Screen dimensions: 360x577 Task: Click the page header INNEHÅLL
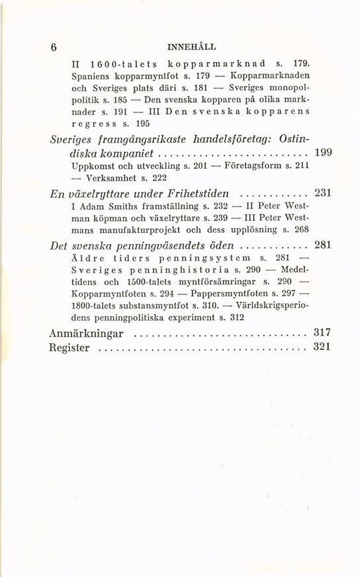point(193,48)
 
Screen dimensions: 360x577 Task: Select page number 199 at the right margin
point(322,153)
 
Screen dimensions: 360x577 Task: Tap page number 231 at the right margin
point(322,194)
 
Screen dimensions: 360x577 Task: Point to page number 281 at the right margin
point(322,245)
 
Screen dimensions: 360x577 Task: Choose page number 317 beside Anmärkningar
point(322,333)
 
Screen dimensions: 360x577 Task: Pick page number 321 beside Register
point(322,348)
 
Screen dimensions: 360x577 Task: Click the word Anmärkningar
point(87,333)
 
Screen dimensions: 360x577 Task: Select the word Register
point(69,349)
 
